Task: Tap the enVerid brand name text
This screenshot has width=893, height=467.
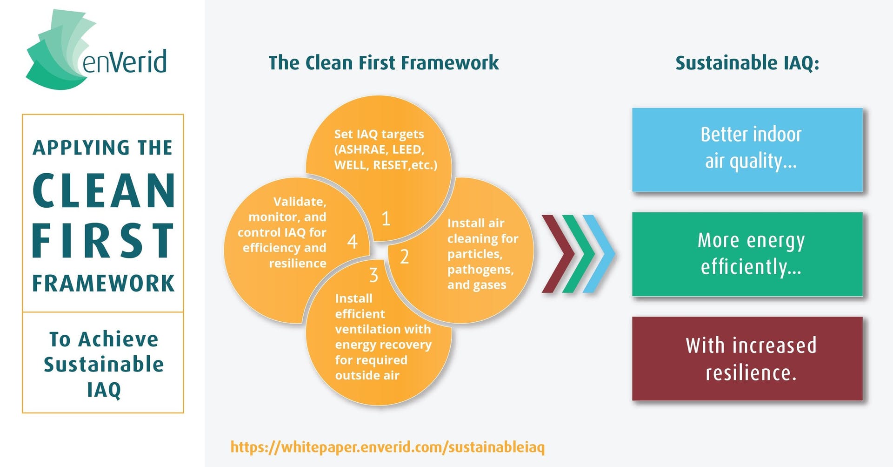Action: pos(125,62)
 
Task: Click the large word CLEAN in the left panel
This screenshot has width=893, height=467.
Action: pos(103,191)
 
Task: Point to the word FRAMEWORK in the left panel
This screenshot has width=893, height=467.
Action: pos(103,283)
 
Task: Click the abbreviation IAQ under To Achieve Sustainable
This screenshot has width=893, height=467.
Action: pos(104,389)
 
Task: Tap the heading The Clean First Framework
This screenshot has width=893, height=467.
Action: pos(384,63)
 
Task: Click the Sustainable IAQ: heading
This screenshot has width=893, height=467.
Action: pos(747,63)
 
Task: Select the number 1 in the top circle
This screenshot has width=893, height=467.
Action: pos(386,218)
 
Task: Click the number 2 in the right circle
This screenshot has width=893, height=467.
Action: pos(404,257)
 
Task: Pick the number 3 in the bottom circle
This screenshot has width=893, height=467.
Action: pos(373,275)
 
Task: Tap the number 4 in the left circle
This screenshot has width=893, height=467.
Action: pos(352,242)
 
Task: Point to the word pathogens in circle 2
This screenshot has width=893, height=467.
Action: pos(480,270)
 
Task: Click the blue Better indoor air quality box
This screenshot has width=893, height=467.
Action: pos(747,149)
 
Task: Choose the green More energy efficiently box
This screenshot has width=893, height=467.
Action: pos(747,254)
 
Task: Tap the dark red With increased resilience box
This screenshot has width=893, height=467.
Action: pos(747,358)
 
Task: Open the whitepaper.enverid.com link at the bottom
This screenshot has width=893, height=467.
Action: pos(387,447)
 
